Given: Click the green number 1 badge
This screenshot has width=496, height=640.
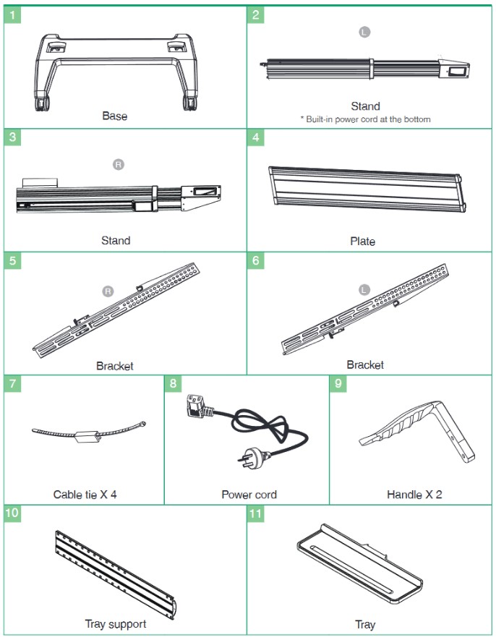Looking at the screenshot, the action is click(12, 15).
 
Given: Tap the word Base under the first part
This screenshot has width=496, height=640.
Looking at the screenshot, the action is click(115, 116).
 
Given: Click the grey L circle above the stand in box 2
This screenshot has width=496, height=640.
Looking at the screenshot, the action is click(364, 32).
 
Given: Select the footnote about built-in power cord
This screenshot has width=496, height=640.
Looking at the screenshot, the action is click(366, 119).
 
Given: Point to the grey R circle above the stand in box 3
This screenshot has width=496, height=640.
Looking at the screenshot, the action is click(119, 164).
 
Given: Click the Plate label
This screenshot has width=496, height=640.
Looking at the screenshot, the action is click(362, 242).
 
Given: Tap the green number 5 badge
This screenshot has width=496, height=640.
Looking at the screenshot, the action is click(12, 260).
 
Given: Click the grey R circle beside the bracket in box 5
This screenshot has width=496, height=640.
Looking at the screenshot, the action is click(108, 291).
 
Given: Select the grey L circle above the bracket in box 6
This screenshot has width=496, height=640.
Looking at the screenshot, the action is click(364, 290).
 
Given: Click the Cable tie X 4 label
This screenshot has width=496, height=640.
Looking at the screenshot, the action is click(85, 495).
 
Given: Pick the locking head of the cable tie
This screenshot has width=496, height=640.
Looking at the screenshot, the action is click(87, 437).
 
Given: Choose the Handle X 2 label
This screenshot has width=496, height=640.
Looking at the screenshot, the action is click(414, 495).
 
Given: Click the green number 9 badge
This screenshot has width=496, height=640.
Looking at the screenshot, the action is click(338, 384).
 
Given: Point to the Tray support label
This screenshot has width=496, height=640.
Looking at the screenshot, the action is click(116, 624).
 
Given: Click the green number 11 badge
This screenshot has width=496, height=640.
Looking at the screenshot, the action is click(255, 513).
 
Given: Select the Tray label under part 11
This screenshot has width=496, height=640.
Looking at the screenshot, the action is click(365, 625).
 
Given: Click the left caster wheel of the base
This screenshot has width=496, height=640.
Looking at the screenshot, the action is click(43, 103).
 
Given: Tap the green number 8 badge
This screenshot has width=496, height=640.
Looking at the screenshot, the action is click(173, 384).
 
